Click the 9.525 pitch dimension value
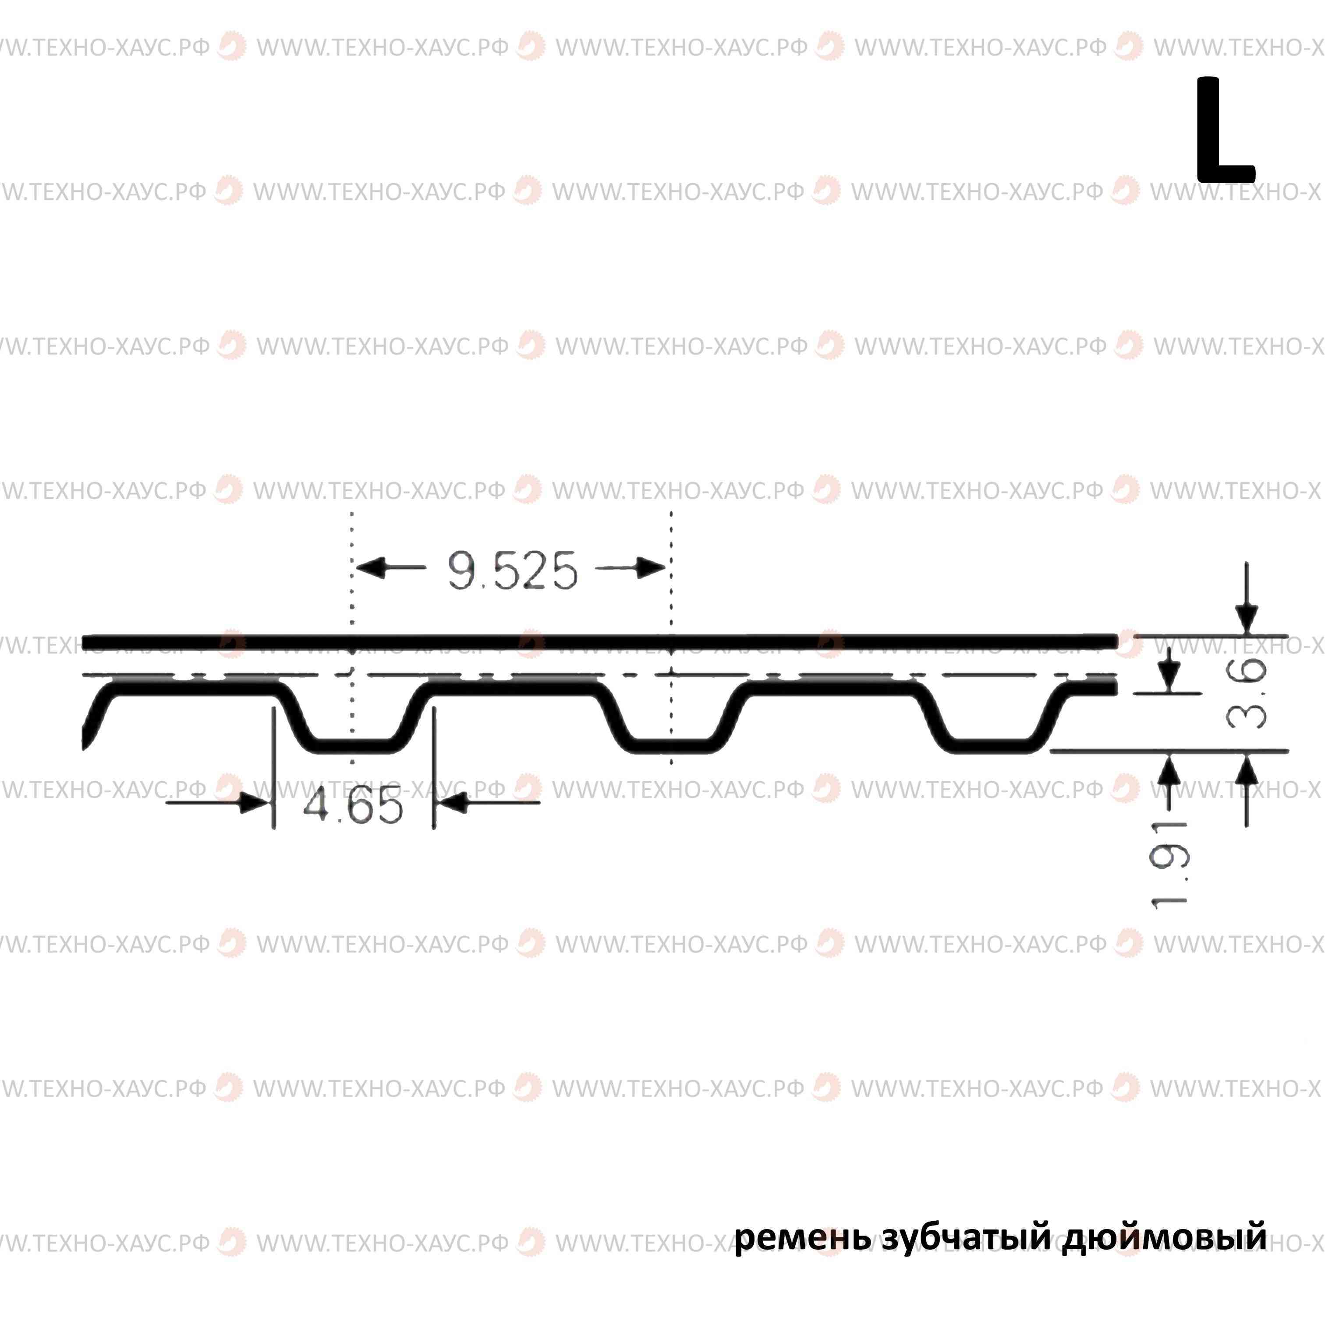(x=512, y=570)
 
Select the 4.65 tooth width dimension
(x=353, y=806)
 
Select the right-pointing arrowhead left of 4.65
(x=254, y=802)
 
